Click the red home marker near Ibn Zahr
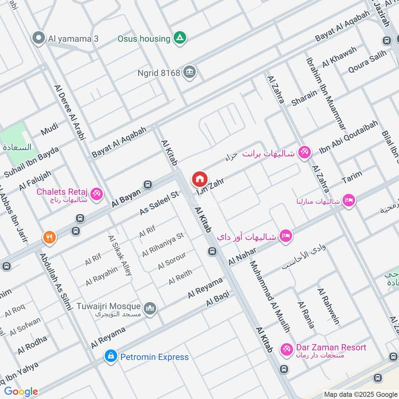tap(199, 178)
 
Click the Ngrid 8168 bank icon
tap(189, 72)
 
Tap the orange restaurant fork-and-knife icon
tap(49, 238)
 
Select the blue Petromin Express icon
tap(110, 357)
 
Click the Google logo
tap(20, 392)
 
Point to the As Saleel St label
tap(159, 203)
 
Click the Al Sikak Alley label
tap(120, 255)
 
